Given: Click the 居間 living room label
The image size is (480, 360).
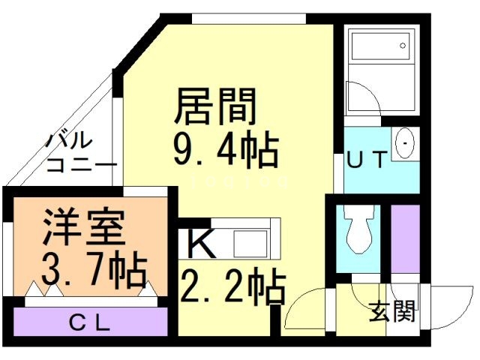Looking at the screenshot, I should point(216,106).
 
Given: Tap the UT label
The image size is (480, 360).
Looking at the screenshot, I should point(367,160).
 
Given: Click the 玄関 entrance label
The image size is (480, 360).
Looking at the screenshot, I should point(392,311).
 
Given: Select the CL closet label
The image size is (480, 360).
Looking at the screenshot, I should point(90,324).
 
